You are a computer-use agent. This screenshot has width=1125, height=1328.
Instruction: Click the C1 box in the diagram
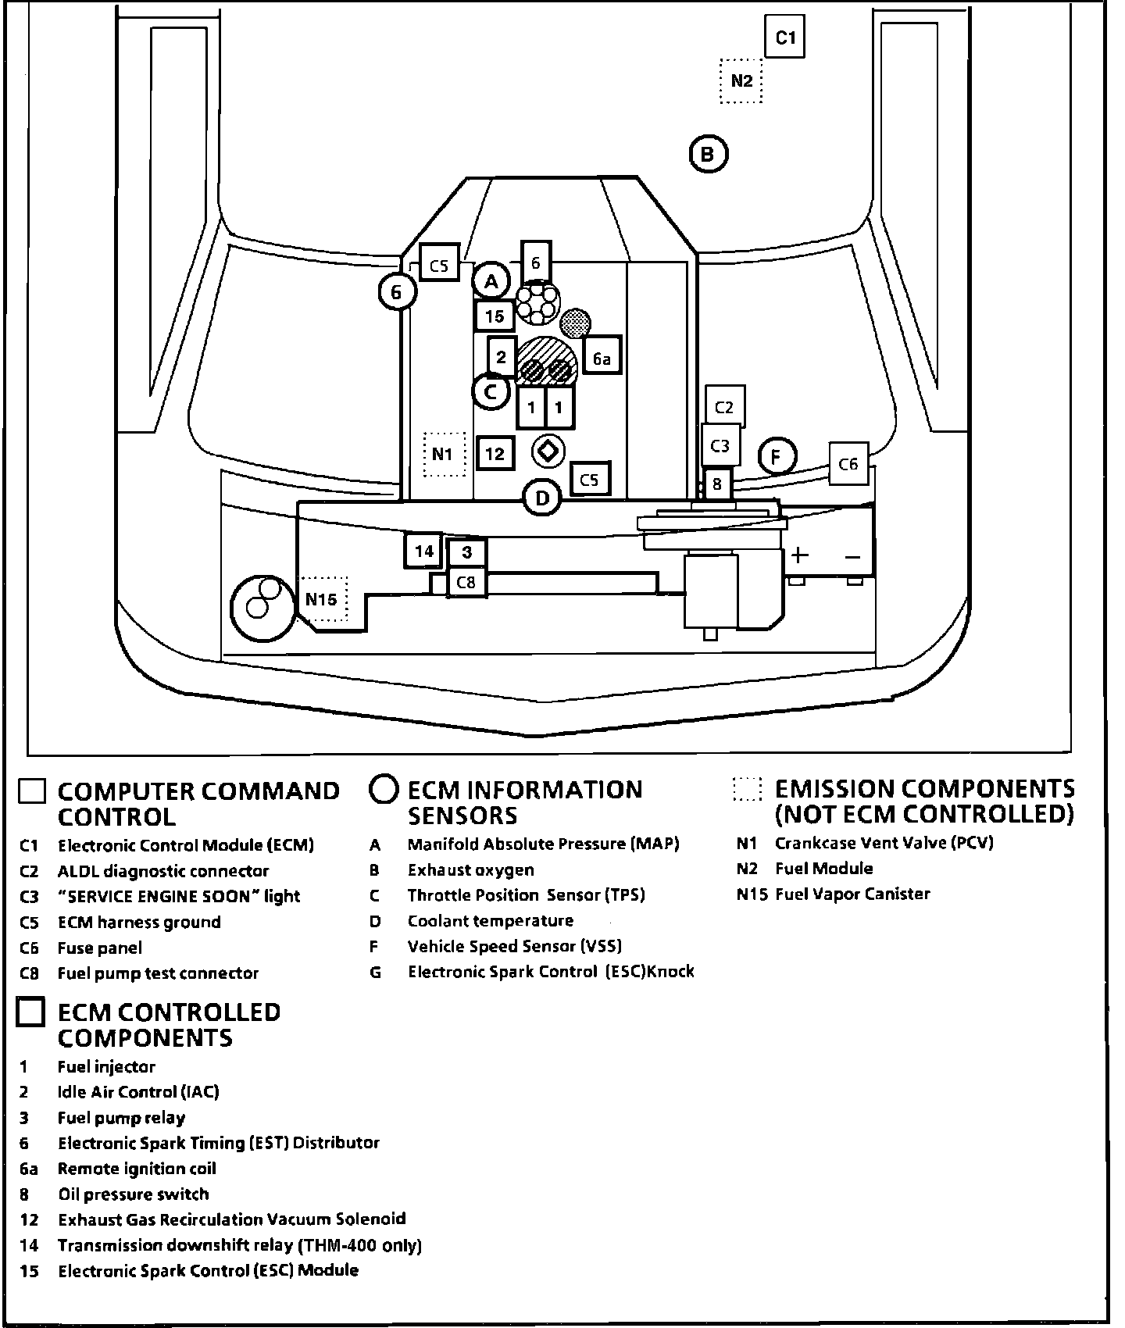point(784,37)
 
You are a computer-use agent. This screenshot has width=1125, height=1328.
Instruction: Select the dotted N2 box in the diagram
point(741,80)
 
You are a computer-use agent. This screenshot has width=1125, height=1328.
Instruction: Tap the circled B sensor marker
point(708,154)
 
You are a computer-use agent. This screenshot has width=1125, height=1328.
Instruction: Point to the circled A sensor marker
point(491,280)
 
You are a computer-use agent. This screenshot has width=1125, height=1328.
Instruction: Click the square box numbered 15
point(494,316)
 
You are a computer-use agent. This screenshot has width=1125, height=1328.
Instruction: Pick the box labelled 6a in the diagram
point(601,359)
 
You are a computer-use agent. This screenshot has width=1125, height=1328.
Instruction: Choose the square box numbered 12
point(495,453)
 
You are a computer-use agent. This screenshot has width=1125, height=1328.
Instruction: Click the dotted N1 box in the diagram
point(443,454)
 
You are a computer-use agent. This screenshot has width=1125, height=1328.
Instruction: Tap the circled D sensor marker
point(542,498)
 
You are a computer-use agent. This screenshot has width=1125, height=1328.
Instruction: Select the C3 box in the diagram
point(720,445)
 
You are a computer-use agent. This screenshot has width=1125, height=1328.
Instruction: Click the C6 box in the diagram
point(848,465)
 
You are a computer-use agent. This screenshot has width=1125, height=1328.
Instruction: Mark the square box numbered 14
point(423,552)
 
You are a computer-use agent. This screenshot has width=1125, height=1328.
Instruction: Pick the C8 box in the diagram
point(466,583)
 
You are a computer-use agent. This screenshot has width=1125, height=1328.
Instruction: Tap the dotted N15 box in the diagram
point(321,599)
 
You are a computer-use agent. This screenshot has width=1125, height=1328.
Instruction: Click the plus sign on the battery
point(798,555)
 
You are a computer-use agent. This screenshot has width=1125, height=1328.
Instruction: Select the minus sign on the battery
point(852,557)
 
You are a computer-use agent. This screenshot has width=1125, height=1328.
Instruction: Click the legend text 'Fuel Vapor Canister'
point(852,894)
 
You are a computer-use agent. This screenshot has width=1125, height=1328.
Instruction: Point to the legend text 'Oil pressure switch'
point(134,1194)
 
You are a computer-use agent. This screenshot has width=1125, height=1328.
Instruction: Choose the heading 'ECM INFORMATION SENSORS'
point(524,802)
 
